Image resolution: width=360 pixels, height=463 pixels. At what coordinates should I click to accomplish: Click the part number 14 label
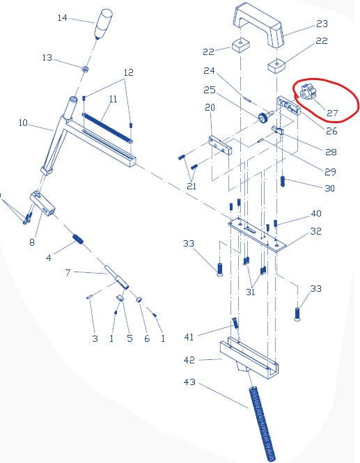[x=62, y=18]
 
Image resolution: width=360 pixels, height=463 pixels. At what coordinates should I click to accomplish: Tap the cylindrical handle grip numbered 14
[x=104, y=24]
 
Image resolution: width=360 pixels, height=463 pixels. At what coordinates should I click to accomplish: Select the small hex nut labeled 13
[x=85, y=69]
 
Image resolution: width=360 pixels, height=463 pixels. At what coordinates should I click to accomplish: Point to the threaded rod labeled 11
[x=107, y=127]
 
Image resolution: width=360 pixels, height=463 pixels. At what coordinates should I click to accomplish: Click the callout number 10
[x=23, y=123]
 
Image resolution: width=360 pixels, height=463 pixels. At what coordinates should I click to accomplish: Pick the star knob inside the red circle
[x=306, y=93]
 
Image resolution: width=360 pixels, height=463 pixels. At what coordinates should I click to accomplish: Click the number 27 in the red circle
[x=332, y=113]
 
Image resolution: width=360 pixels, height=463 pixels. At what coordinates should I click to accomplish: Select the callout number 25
[x=210, y=90]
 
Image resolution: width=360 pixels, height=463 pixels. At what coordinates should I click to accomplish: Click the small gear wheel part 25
[x=265, y=116]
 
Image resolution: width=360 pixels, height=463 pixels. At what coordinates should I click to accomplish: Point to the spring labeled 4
[x=78, y=240]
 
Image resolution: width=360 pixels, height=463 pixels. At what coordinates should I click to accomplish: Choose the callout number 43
[x=189, y=382]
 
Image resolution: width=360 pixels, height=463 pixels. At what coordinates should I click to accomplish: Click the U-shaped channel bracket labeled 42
[x=249, y=358]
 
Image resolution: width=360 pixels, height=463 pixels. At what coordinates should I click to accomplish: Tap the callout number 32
[x=315, y=231]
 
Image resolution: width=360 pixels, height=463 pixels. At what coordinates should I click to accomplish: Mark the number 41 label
[x=189, y=337]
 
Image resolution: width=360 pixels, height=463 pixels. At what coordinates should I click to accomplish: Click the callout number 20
[x=210, y=107]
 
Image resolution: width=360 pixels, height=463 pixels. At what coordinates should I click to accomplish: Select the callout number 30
[x=329, y=189]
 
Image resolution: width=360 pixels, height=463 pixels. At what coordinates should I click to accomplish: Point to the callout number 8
[x=32, y=242]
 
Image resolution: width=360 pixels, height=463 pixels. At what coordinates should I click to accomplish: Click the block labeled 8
[x=42, y=203]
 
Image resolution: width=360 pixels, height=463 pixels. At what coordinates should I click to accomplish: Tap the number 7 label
[x=68, y=272]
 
